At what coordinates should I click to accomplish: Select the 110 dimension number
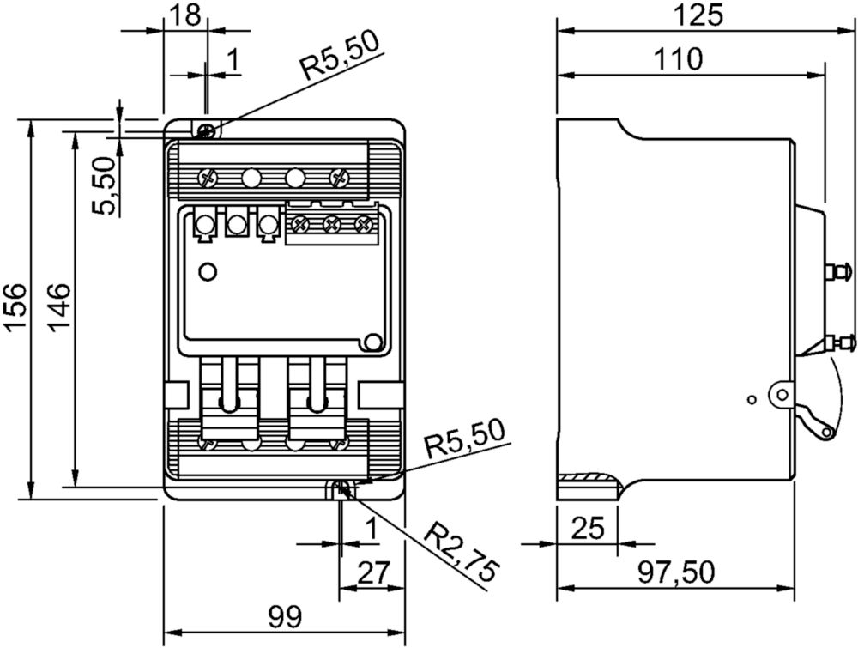point(677,59)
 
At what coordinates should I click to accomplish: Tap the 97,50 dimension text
point(676,572)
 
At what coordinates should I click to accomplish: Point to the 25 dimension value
point(588,528)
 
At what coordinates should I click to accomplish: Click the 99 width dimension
point(285,617)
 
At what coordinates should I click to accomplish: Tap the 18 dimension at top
point(185,15)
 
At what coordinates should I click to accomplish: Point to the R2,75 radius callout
point(463,552)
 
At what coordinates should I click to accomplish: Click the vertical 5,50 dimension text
point(104,185)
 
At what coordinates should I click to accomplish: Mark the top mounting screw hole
point(207,130)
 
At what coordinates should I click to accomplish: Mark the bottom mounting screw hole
point(341,488)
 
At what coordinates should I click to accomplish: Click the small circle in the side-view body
point(752,401)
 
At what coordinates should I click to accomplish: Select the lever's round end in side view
point(827,433)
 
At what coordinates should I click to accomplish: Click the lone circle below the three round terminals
point(208,271)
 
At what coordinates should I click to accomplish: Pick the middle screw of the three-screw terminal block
point(331,223)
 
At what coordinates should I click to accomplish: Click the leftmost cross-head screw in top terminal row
point(207,178)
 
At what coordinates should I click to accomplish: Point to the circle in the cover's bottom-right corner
point(373,342)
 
